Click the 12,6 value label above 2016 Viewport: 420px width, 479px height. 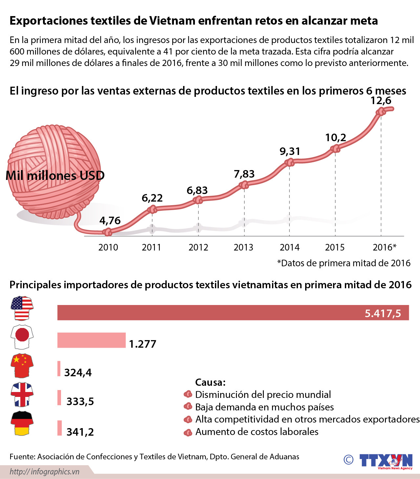[x=381, y=100]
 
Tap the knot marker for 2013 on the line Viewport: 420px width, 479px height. [x=244, y=185]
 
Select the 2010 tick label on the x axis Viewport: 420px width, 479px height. [x=108, y=247]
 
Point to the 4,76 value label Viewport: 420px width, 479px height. [x=110, y=220]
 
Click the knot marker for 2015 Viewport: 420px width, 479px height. [x=335, y=149]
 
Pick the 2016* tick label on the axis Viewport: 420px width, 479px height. [x=384, y=247]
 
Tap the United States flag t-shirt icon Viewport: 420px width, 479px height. [x=22, y=308]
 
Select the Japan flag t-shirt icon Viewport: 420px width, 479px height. [x=22, y=337]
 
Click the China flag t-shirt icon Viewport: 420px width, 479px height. [x=22, y=365]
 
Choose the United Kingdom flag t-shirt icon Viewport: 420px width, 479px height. [x=22, y=394]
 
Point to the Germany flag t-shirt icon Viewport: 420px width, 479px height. [x=22, y=423]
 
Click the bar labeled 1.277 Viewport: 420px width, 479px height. [x=92, y=340]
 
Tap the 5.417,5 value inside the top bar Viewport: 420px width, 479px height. [x=383, y=313]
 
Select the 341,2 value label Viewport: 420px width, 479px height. [x=80, y=432]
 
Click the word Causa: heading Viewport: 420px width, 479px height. [x=210, y=382]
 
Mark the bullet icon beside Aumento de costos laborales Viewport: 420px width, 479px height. [x=188, y=432]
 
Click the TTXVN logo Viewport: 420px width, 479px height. [x=386, y=461]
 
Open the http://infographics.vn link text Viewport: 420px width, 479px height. [x=44, y=472]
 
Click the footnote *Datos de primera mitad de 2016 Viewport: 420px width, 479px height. [x=344, y=263]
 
